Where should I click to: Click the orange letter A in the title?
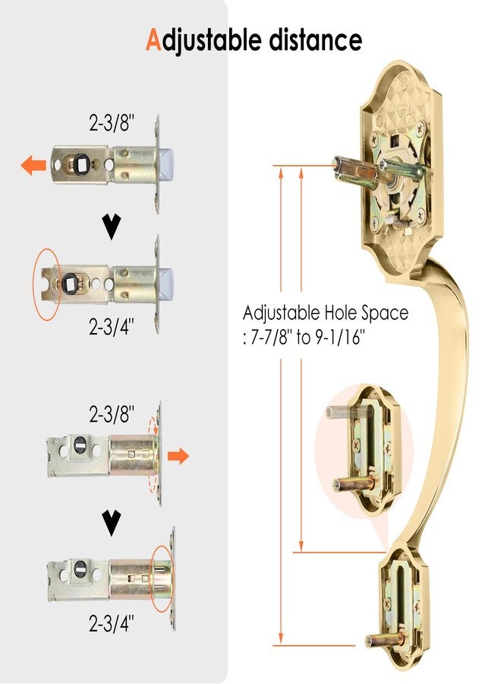click(153, 40)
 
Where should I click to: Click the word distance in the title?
click(316, 40)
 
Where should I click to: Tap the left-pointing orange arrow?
click(33, 166)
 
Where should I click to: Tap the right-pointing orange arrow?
click(178, 456)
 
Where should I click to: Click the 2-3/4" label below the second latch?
click(111, 326)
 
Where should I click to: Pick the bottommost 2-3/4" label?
click(111, 623)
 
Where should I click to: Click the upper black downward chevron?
click(112, 226)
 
